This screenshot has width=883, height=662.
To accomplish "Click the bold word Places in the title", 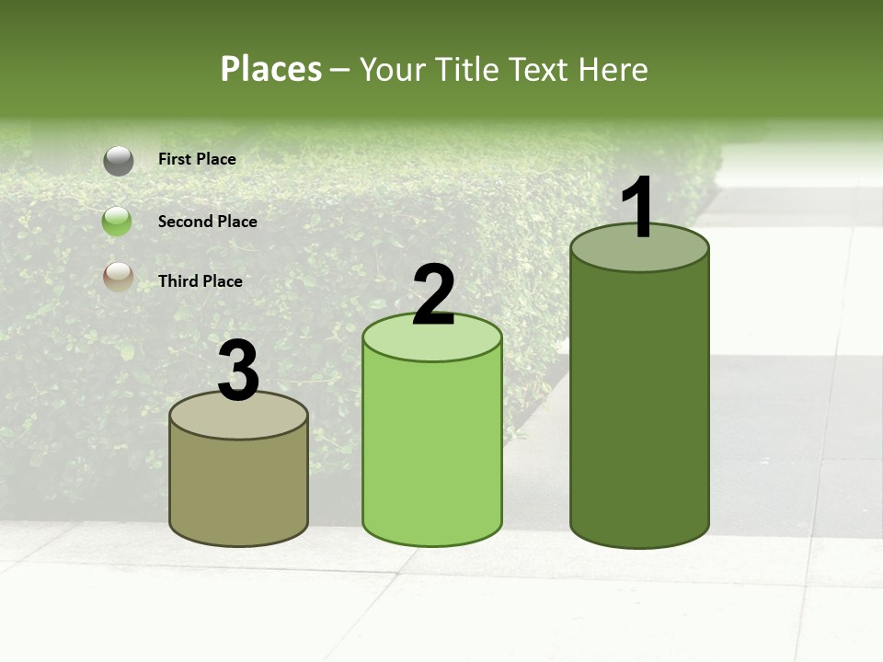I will (271, 69).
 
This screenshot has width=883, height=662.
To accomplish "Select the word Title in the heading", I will (464, 69).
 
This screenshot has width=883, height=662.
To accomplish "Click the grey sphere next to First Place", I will (118, 161).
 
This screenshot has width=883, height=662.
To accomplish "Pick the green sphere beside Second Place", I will (117, 222).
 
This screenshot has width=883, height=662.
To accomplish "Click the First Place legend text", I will (197, 159).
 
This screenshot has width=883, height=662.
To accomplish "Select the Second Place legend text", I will (207, 222).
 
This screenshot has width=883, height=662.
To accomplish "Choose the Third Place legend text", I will (200, 281).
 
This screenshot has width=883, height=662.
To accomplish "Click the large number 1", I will (637, 209).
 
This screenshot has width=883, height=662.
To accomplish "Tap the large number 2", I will (433, 295).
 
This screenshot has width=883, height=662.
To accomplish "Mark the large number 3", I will (238, 371).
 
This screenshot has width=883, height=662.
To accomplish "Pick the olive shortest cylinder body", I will (239, 487).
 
